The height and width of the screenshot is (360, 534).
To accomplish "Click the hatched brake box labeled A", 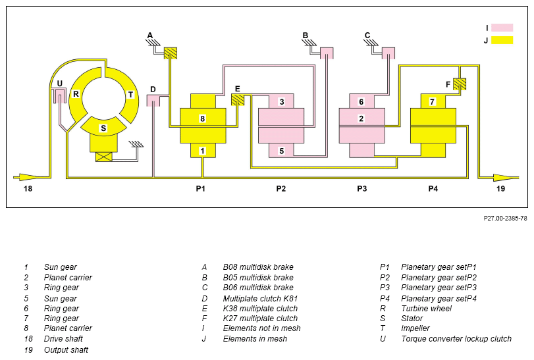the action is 171,53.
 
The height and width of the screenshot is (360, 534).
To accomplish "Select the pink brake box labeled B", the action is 327,53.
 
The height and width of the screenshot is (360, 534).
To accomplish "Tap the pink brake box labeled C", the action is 388,53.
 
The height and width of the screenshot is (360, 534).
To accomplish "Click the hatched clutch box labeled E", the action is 238,100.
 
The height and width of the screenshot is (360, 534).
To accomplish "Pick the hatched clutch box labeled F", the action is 460,84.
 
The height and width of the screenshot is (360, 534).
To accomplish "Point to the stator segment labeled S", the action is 103,126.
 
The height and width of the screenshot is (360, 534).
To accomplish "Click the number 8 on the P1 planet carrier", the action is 203,118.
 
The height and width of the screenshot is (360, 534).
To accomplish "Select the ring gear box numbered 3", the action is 281,101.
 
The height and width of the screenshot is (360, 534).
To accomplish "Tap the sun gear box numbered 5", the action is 281,151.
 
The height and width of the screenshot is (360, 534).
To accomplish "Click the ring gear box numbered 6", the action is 361,101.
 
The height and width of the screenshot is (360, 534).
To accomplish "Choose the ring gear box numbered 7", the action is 433,101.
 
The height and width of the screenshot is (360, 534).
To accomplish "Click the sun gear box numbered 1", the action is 203,151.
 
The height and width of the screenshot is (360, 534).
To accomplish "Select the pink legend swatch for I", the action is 502,28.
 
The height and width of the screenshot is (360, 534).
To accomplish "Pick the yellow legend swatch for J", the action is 502,40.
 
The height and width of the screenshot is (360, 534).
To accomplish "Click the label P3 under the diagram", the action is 361,188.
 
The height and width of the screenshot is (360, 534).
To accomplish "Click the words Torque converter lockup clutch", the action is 456,339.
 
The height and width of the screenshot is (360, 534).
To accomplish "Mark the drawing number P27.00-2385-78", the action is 505,218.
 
